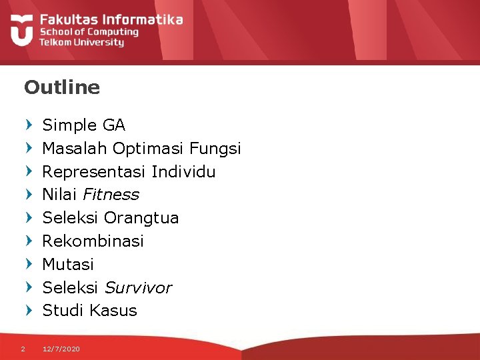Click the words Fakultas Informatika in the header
click(x=111, y=19)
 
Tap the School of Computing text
click(x=89, y=31)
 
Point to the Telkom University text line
click(x=81, y=42)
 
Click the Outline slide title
click(x=61, y=87)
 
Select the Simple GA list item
click(x=83, y=125)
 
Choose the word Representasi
click(x=94, y=171)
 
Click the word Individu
click(x=183, y=171)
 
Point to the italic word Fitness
click(x=111, y=195)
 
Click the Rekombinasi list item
click(x=93, y=241)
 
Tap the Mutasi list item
click(x=68, y=264)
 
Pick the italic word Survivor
click(x=137, y=287)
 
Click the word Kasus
click(x=113, y=310)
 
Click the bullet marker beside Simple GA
click(x=28, y=125)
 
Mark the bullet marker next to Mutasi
click(x=28, y=264)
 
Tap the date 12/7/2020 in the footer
click(x=61, y=349)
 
